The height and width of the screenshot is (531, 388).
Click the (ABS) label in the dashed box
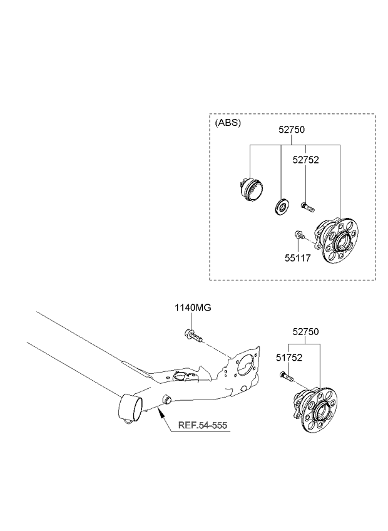pos(228,123)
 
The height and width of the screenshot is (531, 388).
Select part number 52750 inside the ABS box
pos(292,130)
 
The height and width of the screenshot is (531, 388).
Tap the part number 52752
pos(306,160)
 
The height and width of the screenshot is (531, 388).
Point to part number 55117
pos(297,258)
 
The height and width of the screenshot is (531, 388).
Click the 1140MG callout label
pos(193,308)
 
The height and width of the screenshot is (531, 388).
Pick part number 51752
pos(288,358)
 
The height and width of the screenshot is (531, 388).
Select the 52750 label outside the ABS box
pos(306,332)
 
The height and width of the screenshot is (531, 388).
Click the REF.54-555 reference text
pos(203,425)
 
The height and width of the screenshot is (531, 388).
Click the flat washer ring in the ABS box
pos(280,207)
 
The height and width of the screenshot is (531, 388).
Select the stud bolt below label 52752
pos(307,207)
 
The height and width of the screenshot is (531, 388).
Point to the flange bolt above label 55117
pos(300,235)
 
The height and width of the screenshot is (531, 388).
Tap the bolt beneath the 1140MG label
pos(193,335)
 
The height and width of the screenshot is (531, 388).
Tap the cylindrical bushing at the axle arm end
pos(130,408)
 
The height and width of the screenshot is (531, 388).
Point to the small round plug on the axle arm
pos(167,399)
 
